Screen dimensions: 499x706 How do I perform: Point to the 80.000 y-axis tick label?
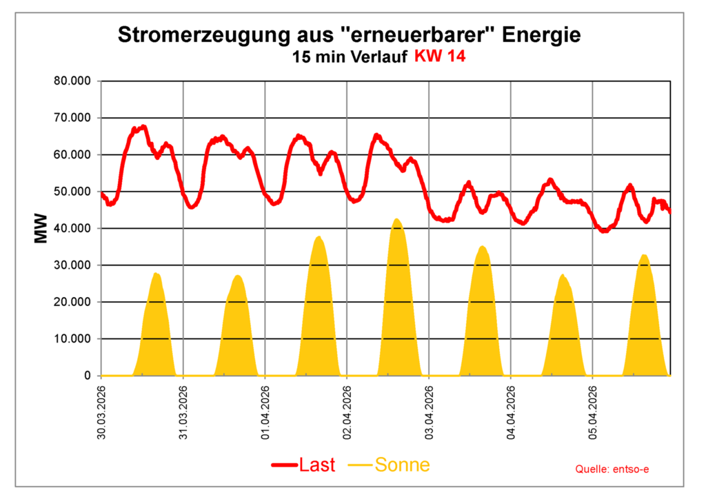click(x=72, y=81)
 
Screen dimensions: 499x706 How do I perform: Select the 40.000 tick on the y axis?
click(x=72, y=228)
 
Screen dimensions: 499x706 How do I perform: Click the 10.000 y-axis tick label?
click(x=72, y=339)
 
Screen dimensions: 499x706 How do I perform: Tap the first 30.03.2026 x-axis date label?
click(x=102, y=413)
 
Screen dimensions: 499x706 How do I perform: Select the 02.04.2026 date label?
click(x=347, y=413)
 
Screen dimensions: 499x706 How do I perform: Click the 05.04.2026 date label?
click(x=593, y=413)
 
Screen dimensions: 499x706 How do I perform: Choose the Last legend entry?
click(x=304, y=465)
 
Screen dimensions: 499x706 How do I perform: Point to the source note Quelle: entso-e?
click(x=612, y=469)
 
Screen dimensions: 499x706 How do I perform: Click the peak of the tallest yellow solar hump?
click(x=396, y=219)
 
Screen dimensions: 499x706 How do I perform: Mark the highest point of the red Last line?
click(x=143, y=126)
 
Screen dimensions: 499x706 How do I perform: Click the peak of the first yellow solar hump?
click(x=156, y=274)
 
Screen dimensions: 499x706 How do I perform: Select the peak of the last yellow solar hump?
click(x=644, y=256)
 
